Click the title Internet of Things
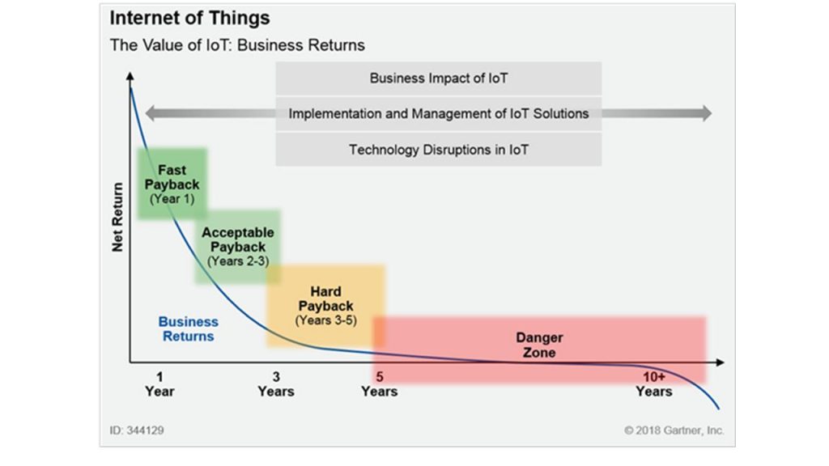189,18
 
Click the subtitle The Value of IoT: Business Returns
237,45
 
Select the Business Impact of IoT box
438,78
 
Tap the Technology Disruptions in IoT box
438,150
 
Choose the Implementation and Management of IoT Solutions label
438,113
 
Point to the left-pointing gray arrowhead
150,113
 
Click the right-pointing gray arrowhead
707,113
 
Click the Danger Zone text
539,345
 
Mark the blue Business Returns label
188,328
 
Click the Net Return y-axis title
117,217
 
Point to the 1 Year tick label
159,384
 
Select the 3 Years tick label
276,384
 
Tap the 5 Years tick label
379,384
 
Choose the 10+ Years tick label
654,384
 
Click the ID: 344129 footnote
136,430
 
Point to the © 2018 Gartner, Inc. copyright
674,430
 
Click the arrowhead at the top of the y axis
130,76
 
